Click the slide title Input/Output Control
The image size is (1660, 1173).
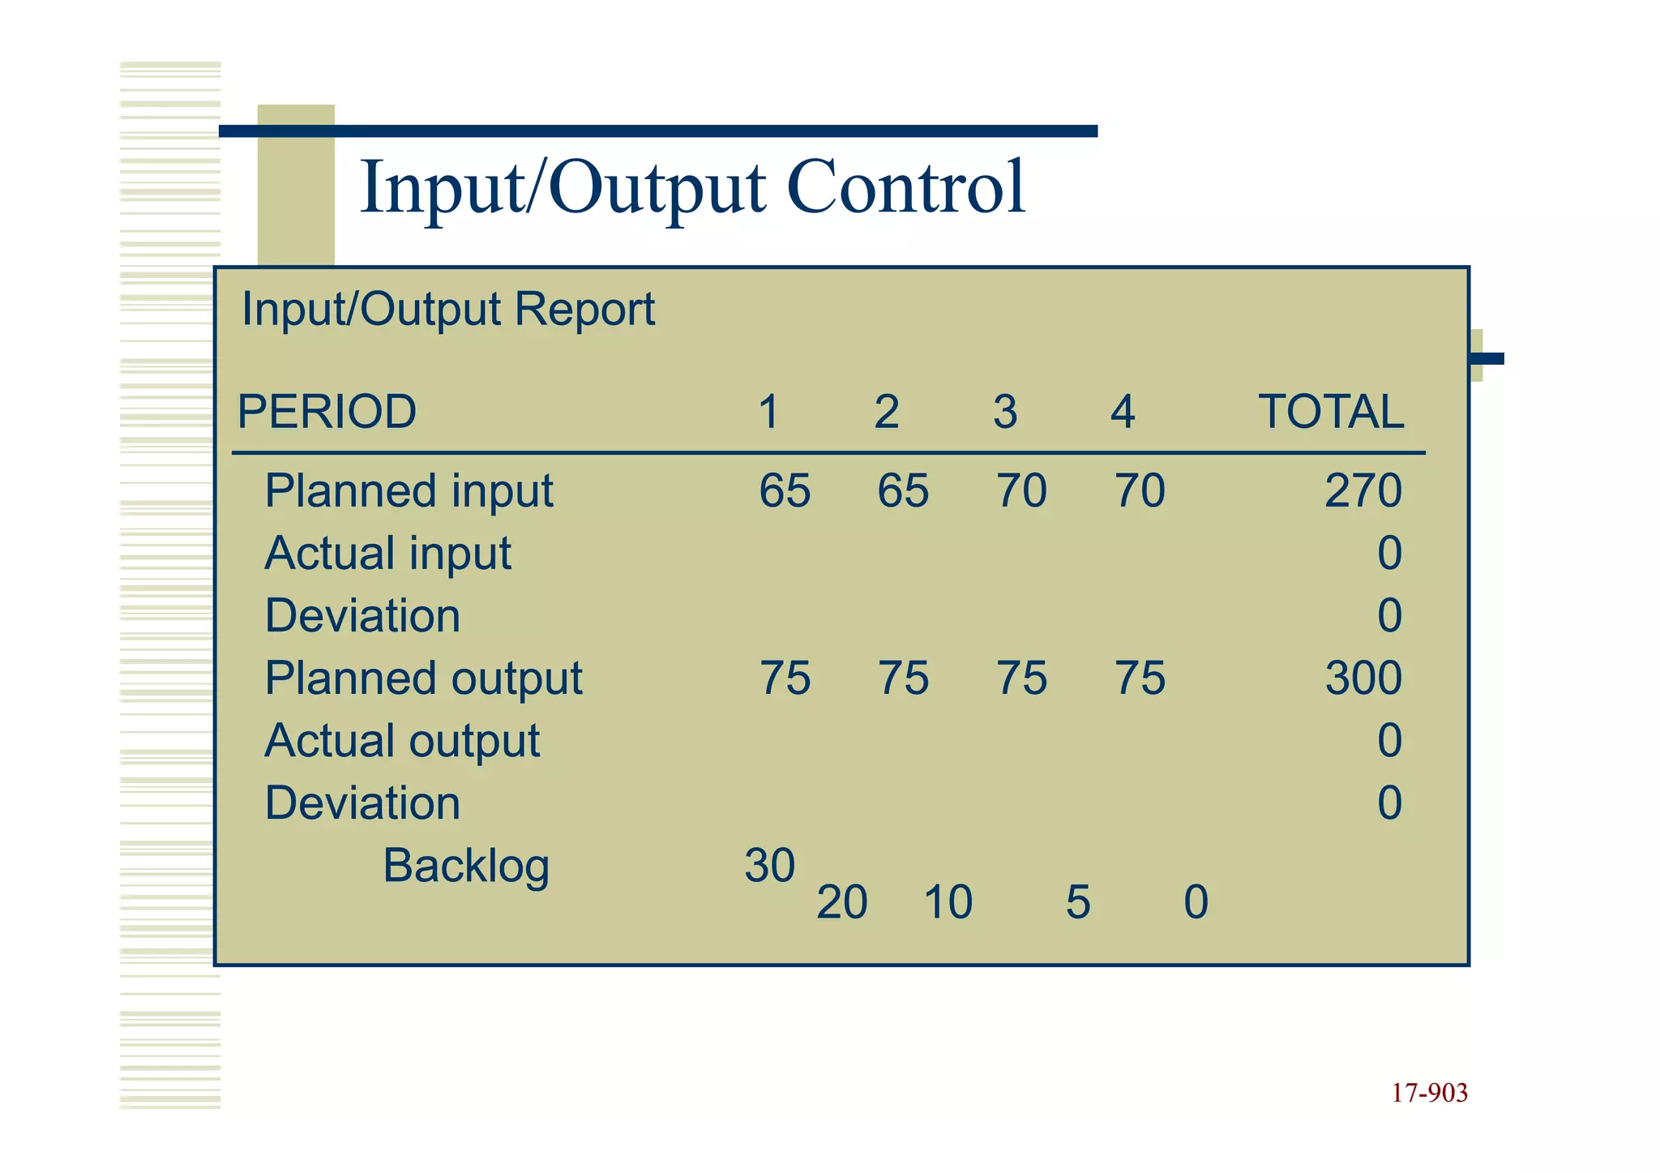tap(693, 188)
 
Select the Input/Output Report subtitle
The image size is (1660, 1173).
tap(448, 310)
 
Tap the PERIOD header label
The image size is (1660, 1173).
tap(327, 412)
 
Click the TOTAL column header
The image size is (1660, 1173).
tap(1331, 412)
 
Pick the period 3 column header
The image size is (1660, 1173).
tap(1005, 412)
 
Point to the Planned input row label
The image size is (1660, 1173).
tap(409, 491)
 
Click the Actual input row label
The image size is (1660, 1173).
tap(387, 554)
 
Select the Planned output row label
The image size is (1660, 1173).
tap(423, 679)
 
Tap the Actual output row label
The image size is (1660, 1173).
tap(402, 741)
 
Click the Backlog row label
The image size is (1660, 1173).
tap(466, 866)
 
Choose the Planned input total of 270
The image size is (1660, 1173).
tap(1363, 491)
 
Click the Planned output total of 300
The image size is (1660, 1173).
tap(1363, 679)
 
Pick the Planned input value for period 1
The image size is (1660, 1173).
tap(785, 491)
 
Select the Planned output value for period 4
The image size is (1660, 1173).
tap(1140, 679)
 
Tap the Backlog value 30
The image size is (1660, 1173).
tap(770, 866)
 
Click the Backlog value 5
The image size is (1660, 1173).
tap(1078, 902)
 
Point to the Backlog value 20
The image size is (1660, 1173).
tap(842, 902)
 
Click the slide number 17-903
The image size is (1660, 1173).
tap(1430, 1094)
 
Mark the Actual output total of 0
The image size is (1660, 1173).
tap(1389, 741)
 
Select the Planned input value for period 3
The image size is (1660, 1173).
tap(1021, 491)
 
